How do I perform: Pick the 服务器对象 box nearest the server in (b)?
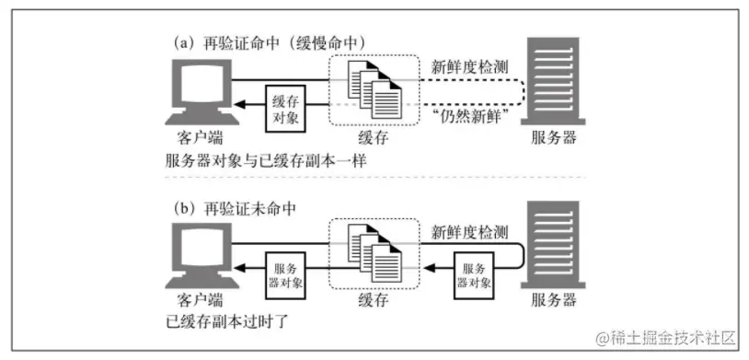471,267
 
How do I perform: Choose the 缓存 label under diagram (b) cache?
375,301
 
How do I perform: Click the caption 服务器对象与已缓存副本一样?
259,159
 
